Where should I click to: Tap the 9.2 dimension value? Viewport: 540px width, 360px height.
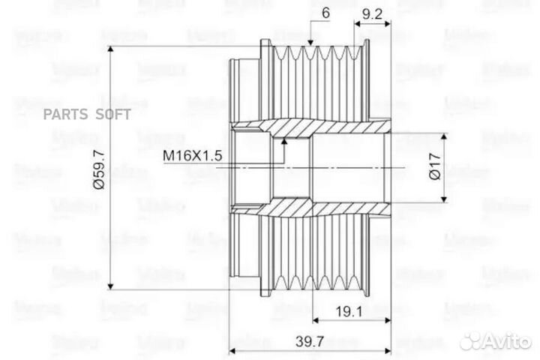(x=374, y=13)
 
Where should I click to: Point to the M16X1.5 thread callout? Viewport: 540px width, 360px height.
(x=193, y=156)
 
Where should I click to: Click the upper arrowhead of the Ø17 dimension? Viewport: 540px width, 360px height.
(x=447, y=138)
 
